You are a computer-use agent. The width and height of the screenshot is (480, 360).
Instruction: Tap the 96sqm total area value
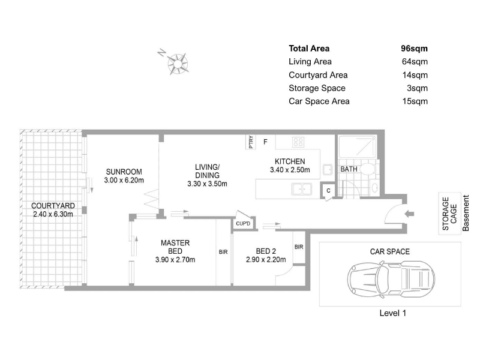click(x=414, y=49)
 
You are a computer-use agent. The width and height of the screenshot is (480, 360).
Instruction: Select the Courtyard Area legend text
click(x=318, y=75)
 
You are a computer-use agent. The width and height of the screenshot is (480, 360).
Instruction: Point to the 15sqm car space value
click(x=415, y=101)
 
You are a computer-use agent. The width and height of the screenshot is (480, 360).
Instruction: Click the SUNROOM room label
click(x=124, y=172)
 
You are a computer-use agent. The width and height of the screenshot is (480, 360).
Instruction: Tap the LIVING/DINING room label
click(x=207, y=171)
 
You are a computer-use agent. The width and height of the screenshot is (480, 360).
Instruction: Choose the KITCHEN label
click(x=290, y=161)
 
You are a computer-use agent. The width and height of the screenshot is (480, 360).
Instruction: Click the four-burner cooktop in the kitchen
click(x=298, y=142)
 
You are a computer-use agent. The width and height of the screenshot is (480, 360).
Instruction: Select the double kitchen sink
click(x=302, y=189)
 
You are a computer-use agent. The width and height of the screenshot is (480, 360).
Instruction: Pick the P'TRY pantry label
click(x=251, y=142)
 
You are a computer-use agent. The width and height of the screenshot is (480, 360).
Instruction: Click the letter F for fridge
click(x=265, y=142)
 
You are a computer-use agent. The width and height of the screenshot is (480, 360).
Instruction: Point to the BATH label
click(x=349, y=169)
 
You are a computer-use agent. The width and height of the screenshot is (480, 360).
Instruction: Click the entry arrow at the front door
click(x=409, y=214)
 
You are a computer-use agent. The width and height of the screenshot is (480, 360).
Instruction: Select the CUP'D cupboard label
click(x=243, y=223)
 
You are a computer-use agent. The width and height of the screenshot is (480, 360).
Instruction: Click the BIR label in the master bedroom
click(x=223, y=252)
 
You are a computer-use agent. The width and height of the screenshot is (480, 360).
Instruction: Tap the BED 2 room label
click(x=266, y=251)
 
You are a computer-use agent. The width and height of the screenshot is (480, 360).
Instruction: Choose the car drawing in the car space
click(x=391, y=279)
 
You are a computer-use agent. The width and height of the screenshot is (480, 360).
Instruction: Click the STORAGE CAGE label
click(x=449, y=214)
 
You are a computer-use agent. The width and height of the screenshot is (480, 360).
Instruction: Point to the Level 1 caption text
click(x=393, y=313)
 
